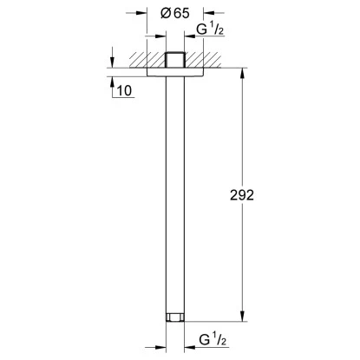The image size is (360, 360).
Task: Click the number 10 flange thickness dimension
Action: [x=125, y=90]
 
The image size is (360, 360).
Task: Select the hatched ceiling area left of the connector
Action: [x=143, y=61]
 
